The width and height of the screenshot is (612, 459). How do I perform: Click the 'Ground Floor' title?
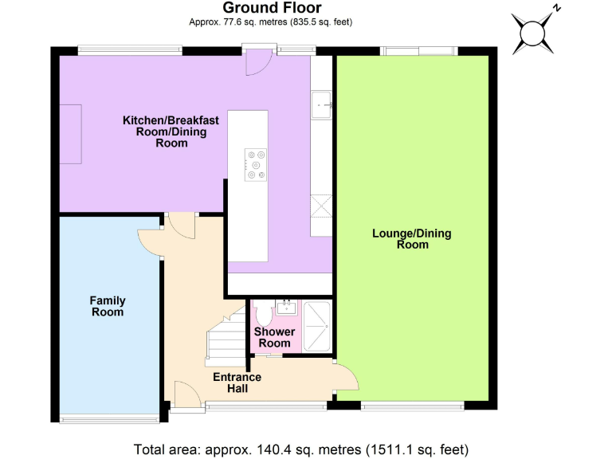[x=273, y=8]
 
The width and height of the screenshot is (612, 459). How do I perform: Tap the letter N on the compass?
[x=557, y=8]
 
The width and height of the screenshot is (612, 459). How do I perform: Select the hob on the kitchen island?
[x=256, y=163]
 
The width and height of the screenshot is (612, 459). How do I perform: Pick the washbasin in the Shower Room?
[x=285, y=306]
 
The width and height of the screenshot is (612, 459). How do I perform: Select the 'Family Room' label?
[x=108, y=307]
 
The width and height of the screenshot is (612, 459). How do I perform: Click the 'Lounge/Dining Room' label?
[x=412, y=239]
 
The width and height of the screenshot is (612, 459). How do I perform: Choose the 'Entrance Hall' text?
[x=237, y=382]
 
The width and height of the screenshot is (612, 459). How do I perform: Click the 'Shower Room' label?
[x=275, y=337]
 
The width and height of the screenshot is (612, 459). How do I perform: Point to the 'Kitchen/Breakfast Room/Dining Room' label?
[x=171, y=131]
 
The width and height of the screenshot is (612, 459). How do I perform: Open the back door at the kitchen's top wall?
[x=257, y=61]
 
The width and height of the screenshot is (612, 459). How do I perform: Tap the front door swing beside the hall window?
[x=183, y=392]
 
